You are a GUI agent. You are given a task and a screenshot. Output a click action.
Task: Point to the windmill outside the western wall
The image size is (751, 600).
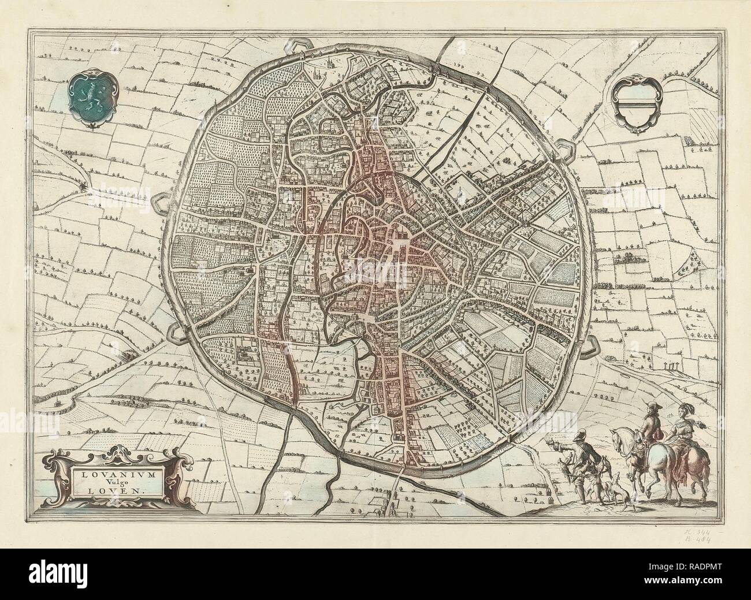point(85,186)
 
